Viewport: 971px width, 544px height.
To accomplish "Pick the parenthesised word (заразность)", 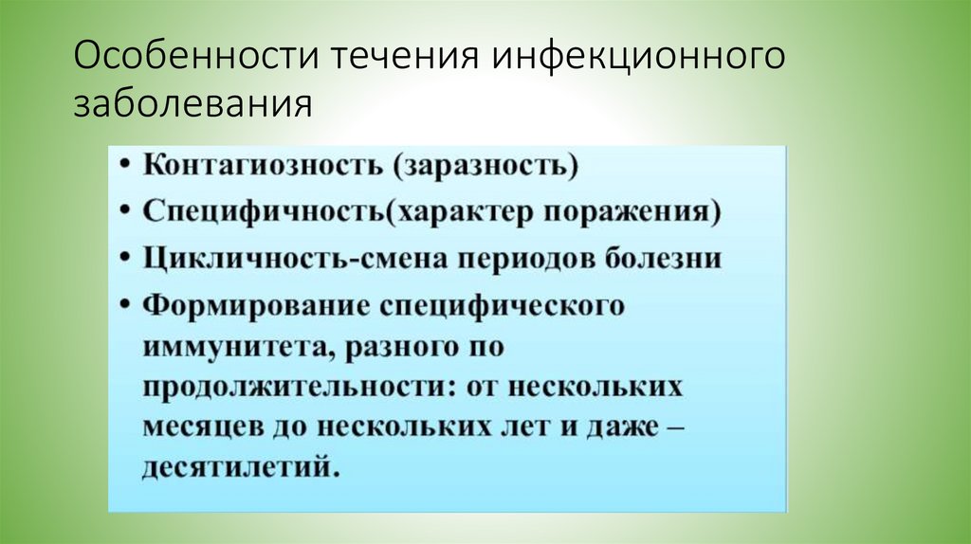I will point(470,167).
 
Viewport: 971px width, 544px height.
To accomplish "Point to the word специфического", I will point(502,306).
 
